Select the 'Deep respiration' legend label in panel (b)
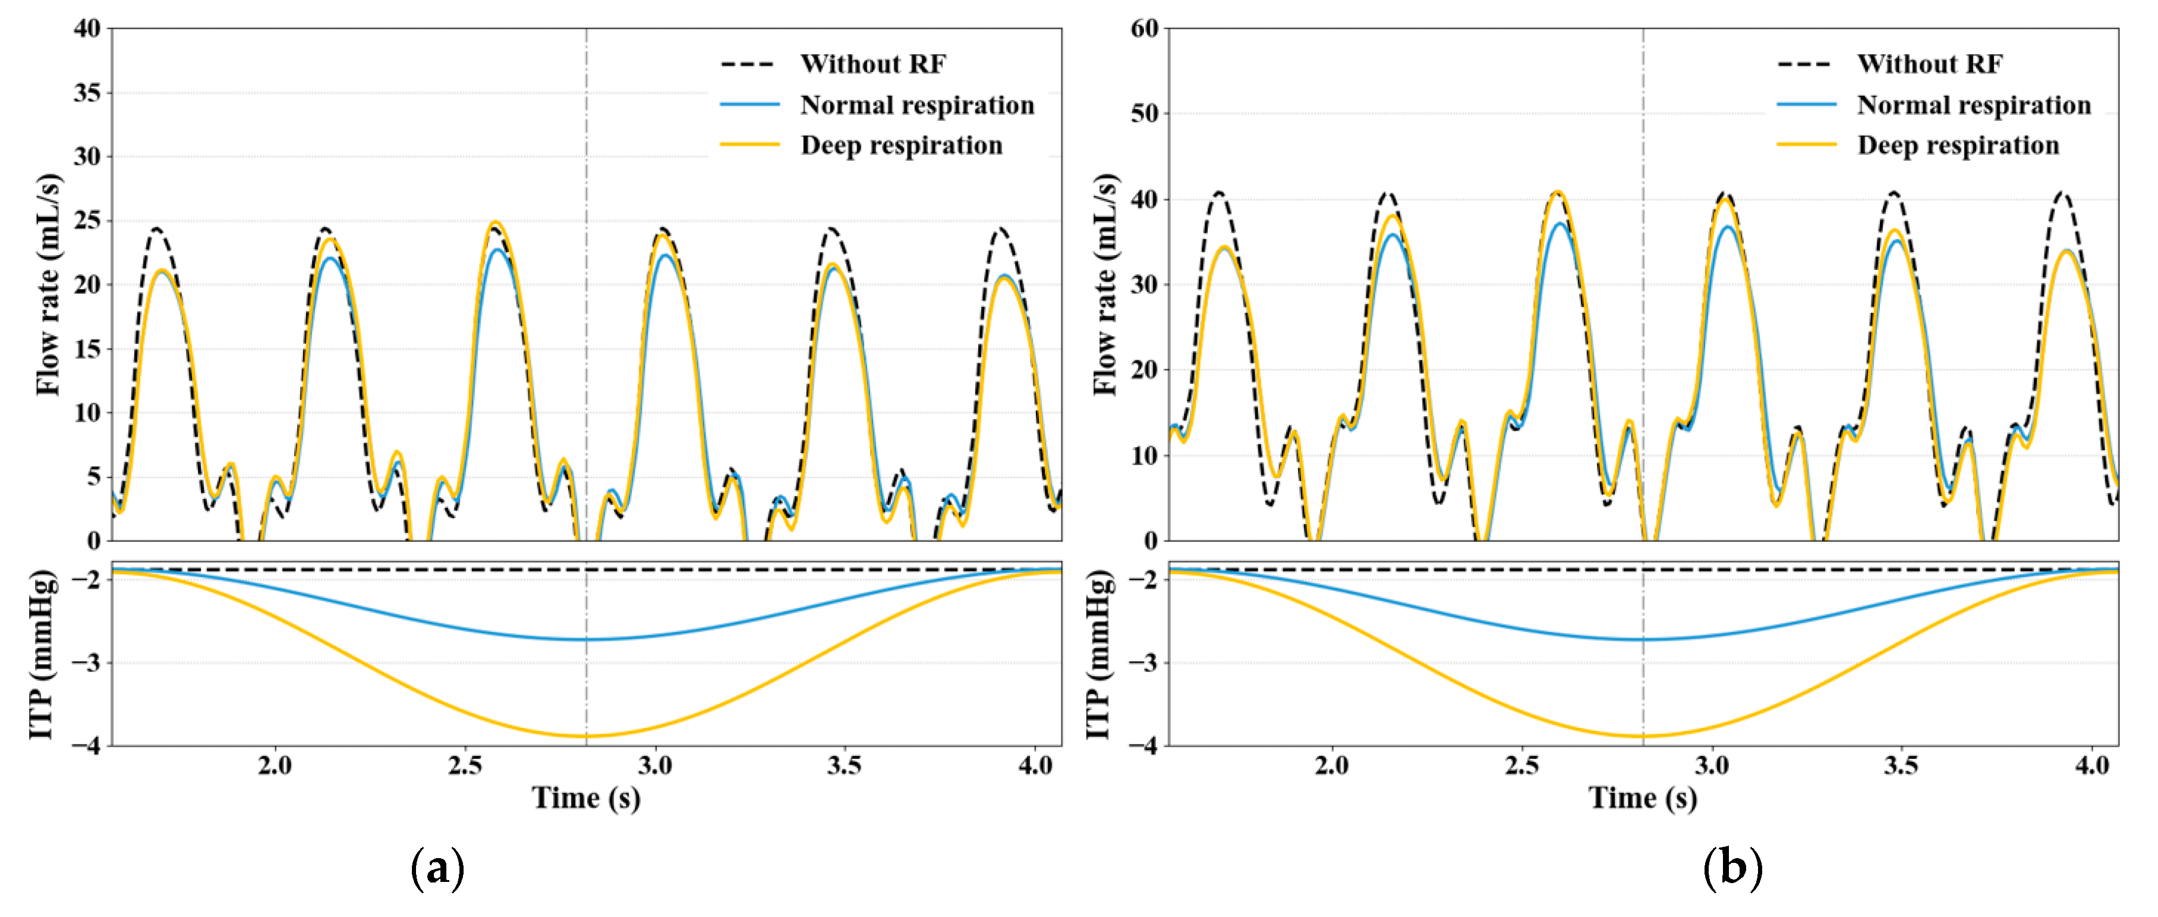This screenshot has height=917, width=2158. pos(1958,145)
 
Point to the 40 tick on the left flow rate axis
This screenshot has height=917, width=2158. pos(87,29)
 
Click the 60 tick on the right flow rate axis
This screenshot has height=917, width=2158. pos(1144,29)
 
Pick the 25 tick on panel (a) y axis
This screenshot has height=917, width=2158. pos(87,221)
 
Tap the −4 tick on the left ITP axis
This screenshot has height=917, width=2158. pos(84,745)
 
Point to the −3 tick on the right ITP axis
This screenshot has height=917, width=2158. pos(1141,662)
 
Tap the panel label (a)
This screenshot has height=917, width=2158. pos(437,868)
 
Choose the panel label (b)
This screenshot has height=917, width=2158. pos(1732,868)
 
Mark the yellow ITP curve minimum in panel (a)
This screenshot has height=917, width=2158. pos(587,736)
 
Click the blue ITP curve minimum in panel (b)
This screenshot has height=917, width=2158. pos(1643,639)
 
